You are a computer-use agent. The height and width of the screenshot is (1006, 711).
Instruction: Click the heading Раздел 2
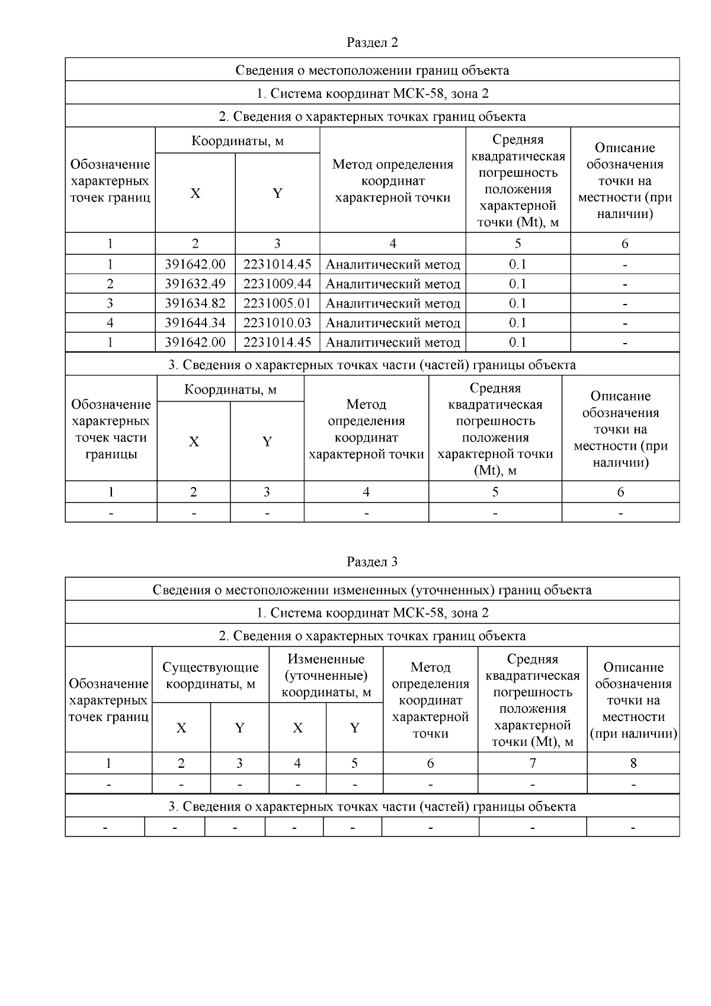372,43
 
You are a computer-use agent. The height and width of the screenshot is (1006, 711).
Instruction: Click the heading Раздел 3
372,562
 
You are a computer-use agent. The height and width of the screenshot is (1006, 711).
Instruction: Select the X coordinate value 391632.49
195,284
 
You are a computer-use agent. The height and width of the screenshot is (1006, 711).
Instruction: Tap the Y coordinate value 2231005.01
277,303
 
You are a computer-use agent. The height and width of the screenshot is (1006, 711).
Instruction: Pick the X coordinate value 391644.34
195,323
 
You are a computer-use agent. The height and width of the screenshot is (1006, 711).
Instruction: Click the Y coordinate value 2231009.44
277,284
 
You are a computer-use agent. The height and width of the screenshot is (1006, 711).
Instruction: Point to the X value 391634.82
195,303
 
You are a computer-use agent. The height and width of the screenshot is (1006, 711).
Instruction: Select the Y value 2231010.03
277,323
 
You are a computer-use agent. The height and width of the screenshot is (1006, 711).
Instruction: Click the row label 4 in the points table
110,323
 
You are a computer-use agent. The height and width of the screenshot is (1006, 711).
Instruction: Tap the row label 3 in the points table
110,303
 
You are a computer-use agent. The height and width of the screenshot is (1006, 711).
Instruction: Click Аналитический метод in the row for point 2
392,284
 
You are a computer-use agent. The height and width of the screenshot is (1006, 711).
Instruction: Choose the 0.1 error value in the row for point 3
517,303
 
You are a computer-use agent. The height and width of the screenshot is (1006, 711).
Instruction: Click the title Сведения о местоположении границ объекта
372,70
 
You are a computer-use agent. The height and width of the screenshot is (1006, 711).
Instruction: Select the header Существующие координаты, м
210,675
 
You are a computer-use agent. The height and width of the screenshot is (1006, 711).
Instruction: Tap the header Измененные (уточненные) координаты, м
326,675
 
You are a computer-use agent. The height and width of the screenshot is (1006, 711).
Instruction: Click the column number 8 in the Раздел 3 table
633,763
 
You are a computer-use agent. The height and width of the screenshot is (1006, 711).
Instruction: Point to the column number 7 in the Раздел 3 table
532,763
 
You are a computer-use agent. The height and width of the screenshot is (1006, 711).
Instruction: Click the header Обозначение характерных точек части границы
111,430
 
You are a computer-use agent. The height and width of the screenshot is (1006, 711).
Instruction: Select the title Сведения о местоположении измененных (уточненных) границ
372,589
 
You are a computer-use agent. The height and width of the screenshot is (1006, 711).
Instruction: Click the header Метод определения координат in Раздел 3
430,700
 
